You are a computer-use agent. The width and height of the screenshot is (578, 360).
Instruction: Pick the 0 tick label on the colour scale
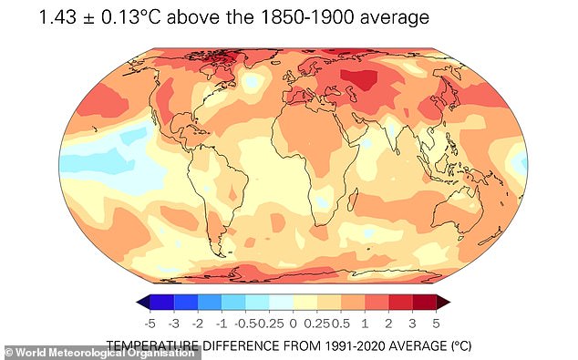[293, 323]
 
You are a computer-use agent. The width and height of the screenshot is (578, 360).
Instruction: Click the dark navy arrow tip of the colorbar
[141, 303]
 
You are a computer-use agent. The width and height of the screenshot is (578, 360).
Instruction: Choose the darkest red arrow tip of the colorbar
[443, 303]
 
